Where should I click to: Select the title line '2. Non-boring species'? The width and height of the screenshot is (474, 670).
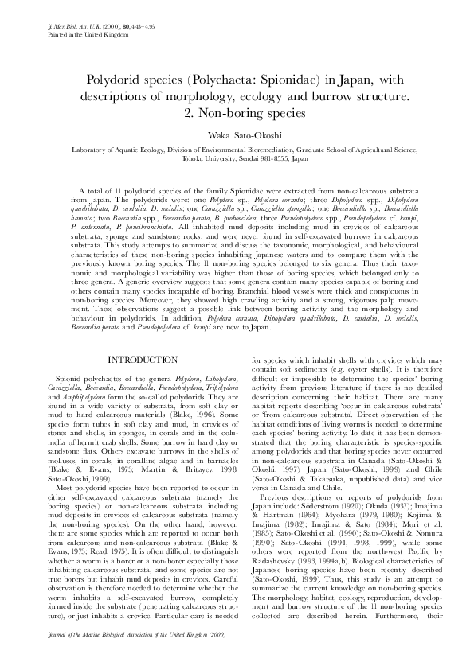237,112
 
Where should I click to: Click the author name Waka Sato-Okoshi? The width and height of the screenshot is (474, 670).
237,136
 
